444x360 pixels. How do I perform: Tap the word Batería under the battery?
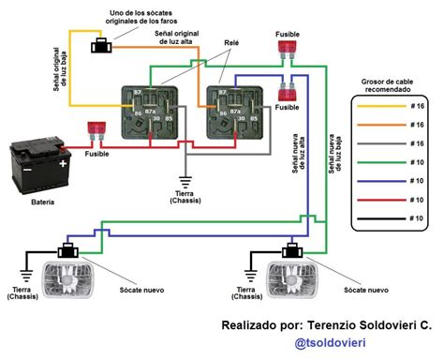click(42, 202)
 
